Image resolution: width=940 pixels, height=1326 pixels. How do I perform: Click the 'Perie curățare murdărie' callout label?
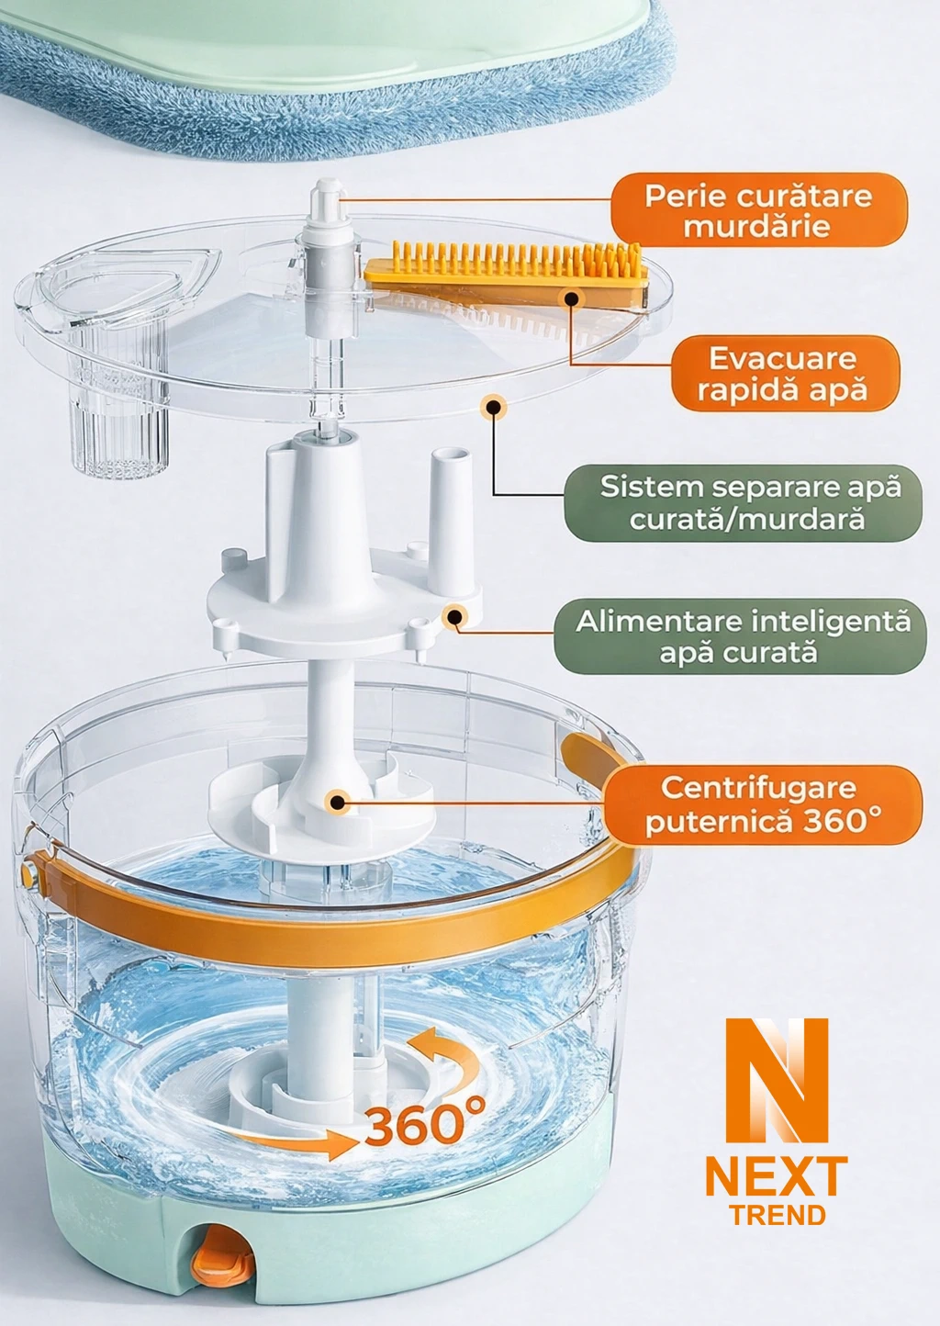click(x=758, y=210)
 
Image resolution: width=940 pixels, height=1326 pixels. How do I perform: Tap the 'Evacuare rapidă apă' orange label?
click(x=781, y=374)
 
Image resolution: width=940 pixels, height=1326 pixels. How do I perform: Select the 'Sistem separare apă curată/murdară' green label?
click(x=742, y=502)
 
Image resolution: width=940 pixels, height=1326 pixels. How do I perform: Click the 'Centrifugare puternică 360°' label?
click(x=762, y=804)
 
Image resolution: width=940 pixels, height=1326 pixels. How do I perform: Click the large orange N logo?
click(x=777, y=1079)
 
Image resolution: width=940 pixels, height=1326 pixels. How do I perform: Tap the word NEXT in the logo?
click(x=777, y=1175)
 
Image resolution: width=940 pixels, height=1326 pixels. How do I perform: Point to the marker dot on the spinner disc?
click(x=338, y=802)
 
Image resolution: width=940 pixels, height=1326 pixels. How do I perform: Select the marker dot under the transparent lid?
click(x=495, y=406)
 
